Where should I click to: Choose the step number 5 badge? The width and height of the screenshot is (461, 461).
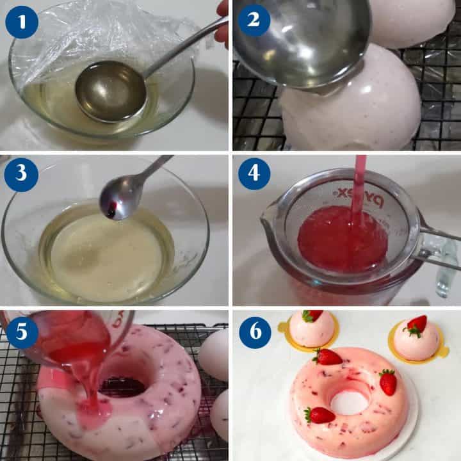click(22, 330)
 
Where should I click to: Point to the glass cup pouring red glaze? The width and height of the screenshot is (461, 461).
click(70, 339)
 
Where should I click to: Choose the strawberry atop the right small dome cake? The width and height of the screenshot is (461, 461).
click(417, 325)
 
